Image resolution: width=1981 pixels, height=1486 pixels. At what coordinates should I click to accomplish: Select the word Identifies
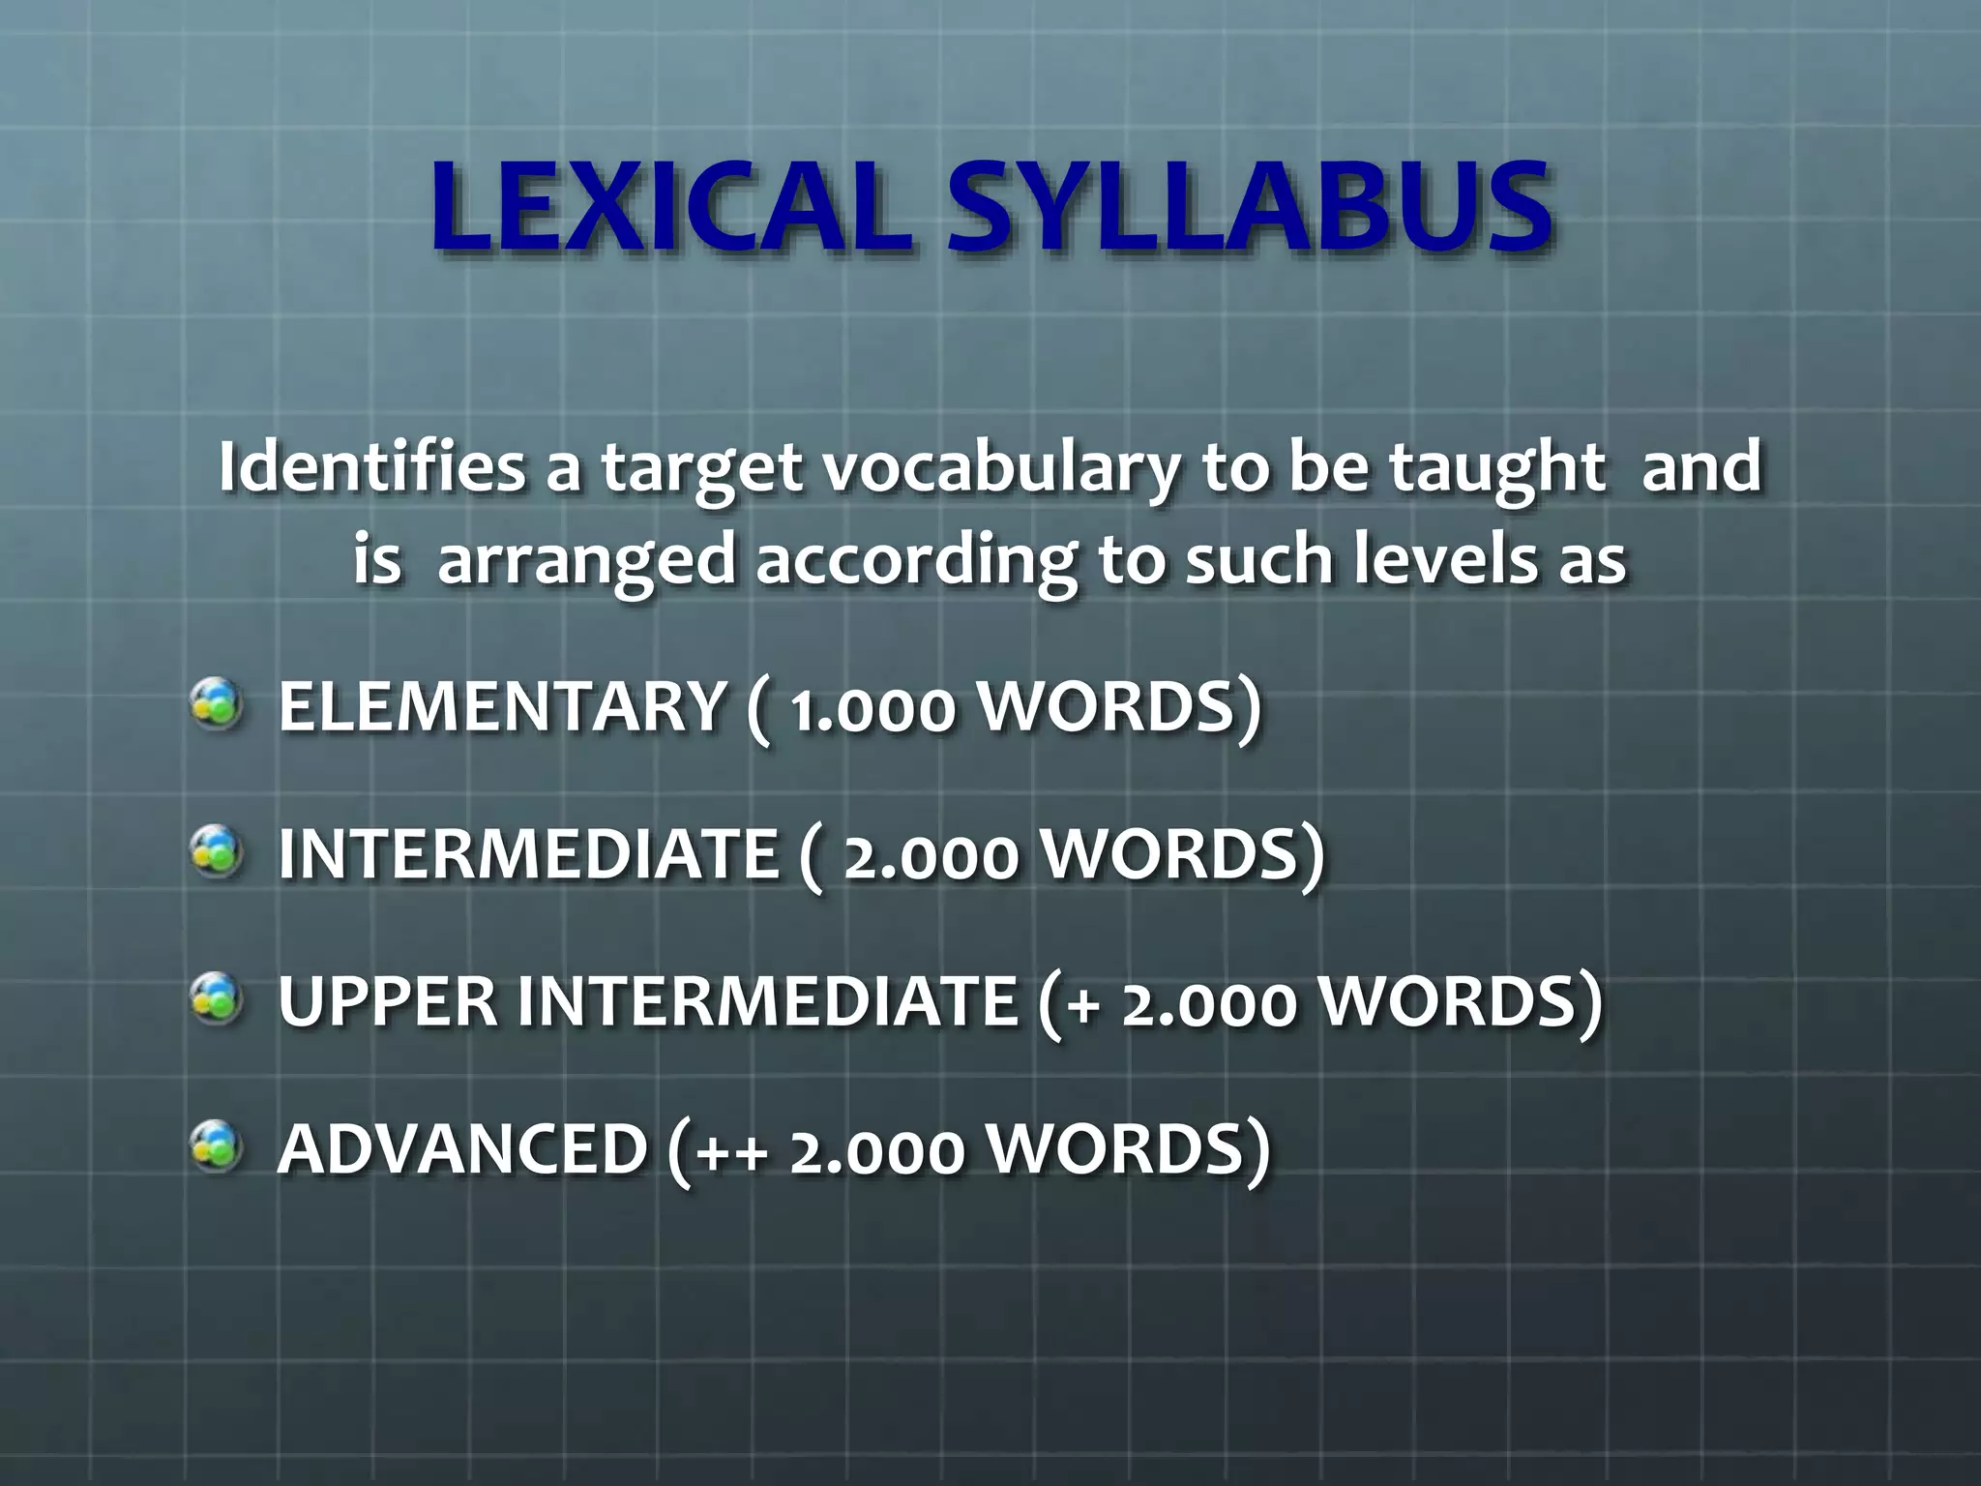[371, 467]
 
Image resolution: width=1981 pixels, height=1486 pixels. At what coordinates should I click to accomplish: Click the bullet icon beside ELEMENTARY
[216, 704]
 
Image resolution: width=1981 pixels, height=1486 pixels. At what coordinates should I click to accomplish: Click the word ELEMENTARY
[502, 706]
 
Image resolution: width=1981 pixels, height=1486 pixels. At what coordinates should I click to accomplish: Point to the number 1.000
[872, 709]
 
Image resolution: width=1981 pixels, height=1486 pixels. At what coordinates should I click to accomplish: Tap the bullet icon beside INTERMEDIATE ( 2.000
[216, 852]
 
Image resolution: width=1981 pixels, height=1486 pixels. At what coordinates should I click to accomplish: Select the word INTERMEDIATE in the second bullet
[528, 854]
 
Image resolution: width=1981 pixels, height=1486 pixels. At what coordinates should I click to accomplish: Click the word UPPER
[387, 1001]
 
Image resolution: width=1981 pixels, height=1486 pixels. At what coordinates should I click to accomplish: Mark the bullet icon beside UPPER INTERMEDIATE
[216, 999]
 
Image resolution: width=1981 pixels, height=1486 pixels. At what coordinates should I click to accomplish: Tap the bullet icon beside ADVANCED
[216, 1146]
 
